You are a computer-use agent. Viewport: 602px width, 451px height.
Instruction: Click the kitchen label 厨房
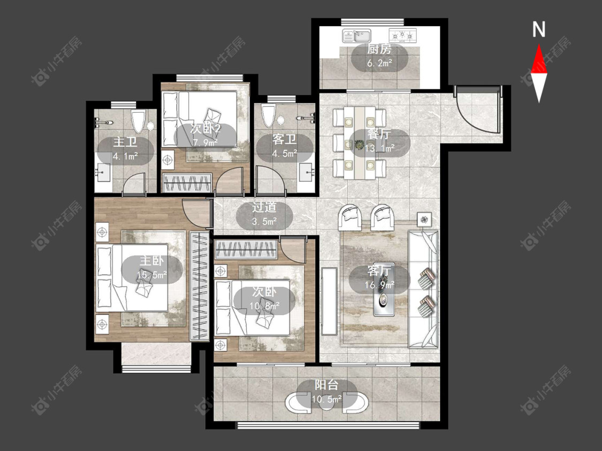tap(379, 49)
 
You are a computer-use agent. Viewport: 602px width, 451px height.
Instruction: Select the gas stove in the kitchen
tap(403, 35)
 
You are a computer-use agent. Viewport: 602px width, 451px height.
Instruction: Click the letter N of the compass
tap(539, 29)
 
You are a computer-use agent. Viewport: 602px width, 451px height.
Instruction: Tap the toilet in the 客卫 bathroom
tap(269, 115)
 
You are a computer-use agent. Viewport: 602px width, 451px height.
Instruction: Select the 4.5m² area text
tap(285, 153)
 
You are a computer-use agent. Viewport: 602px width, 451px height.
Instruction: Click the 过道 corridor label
tap(264, 207)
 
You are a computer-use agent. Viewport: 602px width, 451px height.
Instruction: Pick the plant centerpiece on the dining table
tap(360, 145)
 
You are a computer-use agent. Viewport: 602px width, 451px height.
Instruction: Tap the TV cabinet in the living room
tap(329, 301)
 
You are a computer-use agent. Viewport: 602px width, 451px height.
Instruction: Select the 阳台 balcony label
tap(326, 385)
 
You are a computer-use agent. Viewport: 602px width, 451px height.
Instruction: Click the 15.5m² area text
tap(151, 275)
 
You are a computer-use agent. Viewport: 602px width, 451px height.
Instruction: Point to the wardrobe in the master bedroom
tap(200, 286)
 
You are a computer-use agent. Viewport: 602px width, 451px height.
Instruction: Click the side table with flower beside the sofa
tap(424, 220)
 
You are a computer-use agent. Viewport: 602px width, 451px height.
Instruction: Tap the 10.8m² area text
tap(264, 306)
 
